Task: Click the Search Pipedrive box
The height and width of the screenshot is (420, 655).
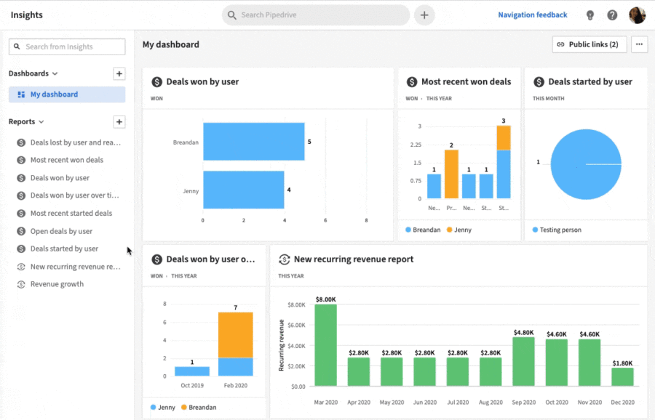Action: click(x=317, y=15)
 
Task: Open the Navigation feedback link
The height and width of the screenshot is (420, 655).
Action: click(x=532, y=15)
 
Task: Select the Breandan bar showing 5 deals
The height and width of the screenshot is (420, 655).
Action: click(x=253, y=142)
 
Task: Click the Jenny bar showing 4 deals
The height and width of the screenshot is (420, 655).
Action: click(x=243, y=190)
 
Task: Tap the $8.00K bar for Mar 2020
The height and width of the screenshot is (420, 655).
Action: click(x=325, y=344)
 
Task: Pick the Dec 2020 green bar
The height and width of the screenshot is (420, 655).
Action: click(x=622, y=376)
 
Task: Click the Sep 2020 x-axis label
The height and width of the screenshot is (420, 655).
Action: click(x=523, y=402)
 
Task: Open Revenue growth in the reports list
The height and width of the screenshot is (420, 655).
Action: click(x=57, y=284)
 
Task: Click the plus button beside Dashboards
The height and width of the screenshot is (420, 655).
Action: click(x=119, y=73)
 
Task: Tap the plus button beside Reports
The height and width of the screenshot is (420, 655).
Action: click(x=119, y=122)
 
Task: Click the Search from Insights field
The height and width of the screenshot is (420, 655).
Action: click(x=67, y=47)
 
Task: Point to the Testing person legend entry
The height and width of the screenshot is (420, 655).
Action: click(x=560, y=230)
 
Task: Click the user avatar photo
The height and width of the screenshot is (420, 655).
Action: click(x=637, y=15)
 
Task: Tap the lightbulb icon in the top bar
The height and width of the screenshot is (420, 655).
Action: click(x=590, y=15)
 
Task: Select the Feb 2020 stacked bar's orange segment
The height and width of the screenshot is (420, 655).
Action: click(x=236, y=334)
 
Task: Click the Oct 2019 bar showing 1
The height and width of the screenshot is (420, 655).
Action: click(x=192, y=371)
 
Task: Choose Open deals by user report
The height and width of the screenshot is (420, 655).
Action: click(x=61, y=231)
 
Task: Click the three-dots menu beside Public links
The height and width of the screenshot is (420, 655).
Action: click(x=639, y=44)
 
